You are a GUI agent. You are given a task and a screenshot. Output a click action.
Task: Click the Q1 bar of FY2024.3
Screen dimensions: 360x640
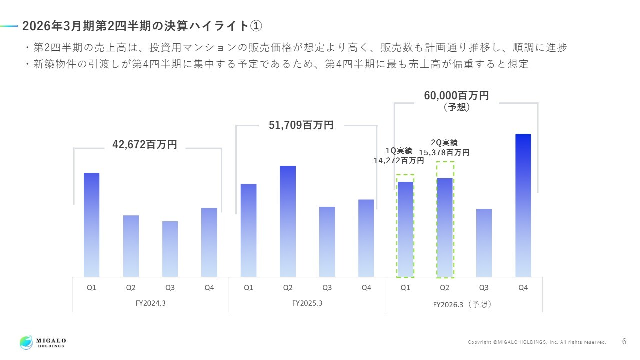(91, 225)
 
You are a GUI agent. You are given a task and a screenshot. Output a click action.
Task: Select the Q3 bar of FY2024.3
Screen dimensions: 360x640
(170, 249)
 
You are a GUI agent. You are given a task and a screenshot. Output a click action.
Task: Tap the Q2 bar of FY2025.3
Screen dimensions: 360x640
(288, 221)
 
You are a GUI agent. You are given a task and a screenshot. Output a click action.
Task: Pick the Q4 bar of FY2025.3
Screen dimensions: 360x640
(366, 238)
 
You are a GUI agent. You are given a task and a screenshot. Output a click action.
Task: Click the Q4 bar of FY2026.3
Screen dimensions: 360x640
(523, 205)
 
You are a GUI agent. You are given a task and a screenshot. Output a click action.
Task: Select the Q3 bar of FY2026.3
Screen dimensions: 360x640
(484, 243)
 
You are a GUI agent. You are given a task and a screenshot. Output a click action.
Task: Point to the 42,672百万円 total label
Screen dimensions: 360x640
(145, 145)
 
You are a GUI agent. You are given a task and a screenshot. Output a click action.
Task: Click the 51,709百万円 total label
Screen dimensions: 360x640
(301, 125)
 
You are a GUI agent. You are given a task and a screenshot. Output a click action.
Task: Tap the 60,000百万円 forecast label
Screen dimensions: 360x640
(456, 96)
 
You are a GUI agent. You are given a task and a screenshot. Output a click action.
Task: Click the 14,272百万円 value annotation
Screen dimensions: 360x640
(399, 161)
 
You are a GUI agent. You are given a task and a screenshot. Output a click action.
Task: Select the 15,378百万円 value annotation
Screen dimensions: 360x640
(444, 152)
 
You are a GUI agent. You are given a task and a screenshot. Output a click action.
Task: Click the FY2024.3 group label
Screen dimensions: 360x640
(151, 303)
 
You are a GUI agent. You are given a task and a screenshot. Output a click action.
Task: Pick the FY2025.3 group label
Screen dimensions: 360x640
(307, 303)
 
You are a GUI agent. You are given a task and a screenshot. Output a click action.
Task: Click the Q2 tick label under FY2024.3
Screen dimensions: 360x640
(131, 288)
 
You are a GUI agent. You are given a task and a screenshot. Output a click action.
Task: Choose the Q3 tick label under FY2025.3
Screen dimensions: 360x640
(327, 288)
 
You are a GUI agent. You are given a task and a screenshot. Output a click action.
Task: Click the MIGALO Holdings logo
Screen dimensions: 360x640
(43, 342)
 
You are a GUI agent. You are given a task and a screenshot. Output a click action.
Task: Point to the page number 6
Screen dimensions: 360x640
(624, 342)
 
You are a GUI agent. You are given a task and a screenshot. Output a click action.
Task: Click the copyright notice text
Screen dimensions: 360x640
(537, 342)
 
